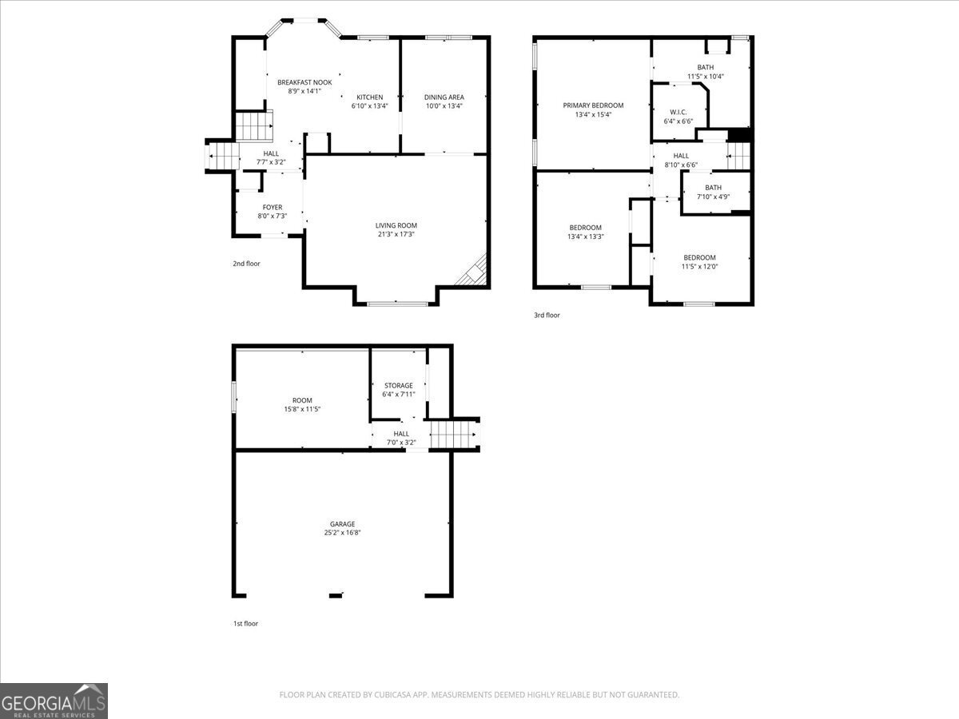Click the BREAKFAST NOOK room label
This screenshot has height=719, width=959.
pyautogui.click(x=304, y=82)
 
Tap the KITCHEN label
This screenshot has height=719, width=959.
pyautogui.click(x=369, y=97)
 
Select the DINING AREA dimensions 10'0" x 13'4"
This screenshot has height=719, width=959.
pyautogui.click(x=444, y=105)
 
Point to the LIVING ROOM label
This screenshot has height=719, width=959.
pyautogui.click(x=396, y=225)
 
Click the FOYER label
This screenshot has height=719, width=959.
pyautogui.click(x=273, y=208)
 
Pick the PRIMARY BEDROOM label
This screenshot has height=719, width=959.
pyautogui.click(x=593, y=105)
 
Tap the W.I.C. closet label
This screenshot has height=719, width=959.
pyautogui.click(x=678, y=112)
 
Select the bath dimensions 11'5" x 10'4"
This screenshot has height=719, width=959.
pyautogui.click(x=706, y=77)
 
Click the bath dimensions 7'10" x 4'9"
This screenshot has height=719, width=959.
pyautogui.click(x=713, y=197)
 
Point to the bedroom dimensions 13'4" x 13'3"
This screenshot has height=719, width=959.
pyautogui.click(x=585, y=236)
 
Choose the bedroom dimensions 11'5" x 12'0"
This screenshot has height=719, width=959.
pyautogui.click(x=699, y=267)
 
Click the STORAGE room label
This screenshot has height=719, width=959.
pyautogui.click(x=398, y=386)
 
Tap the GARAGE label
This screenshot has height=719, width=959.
pyautogui.click(x=342, y=525)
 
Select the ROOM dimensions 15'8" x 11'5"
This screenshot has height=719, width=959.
pyautogui.click(x=302, y=409)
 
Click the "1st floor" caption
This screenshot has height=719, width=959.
pyautogui.click(x=245, y=624)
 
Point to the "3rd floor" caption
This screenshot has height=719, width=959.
pyautogui.click(x=547, y=316)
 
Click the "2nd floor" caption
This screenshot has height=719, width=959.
pyautogui.click(x=246, y=264)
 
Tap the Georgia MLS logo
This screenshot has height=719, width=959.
pyautogui.click(x=54, y=701)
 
